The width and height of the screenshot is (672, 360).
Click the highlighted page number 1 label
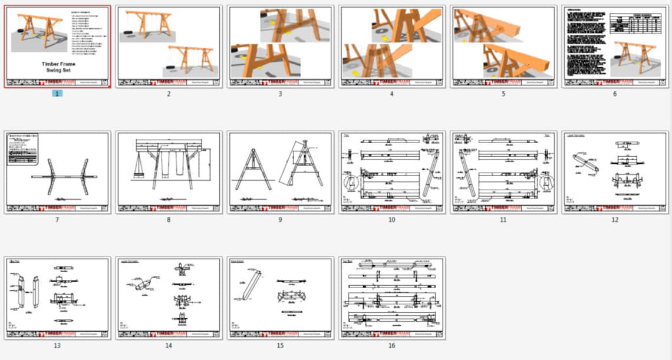[x=57, y=94]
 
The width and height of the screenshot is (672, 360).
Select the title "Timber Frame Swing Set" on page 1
[x=58, y=67]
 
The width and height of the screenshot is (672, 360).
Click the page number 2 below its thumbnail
[x=169, y=94]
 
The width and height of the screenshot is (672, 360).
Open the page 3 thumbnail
[x=281, y=47]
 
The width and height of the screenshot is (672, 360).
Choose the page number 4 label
[x=392, y=94]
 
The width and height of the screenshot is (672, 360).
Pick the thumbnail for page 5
[x=503, y=47]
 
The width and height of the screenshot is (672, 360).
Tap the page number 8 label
[x=169, y=220]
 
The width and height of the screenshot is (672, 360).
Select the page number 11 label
[x=503, y=220]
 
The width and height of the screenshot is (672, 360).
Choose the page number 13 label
[x=57, y=345]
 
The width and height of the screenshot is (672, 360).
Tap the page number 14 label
[x=169, y=345]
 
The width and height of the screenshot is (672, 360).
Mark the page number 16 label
[x=392, y=345]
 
